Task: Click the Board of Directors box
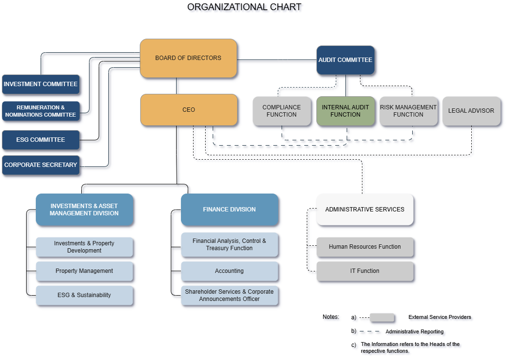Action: pos(188,58)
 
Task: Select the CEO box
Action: pos(189,110)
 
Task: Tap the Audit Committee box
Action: pos(345,60)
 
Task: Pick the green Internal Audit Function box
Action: pos(345,111)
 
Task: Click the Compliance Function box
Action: pos(282,111)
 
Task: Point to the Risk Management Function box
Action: pos(408,111)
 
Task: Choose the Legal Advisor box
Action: pos(471,111)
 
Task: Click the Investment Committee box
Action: pos(41,84)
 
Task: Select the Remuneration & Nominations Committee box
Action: pos(41,111)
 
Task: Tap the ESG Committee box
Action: pos(41,140)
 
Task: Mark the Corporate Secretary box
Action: pos(41,165)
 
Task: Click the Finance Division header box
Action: pos(229,210)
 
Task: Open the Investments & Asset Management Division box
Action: pos(84,210)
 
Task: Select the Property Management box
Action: pos(84,271)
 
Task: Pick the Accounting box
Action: pos(229,271)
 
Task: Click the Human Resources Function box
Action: pos(365,247)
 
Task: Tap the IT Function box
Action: pos(365,271)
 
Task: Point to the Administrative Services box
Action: pos(365,210)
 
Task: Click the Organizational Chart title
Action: pos(244,7)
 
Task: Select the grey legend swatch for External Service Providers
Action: pos(382,317)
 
